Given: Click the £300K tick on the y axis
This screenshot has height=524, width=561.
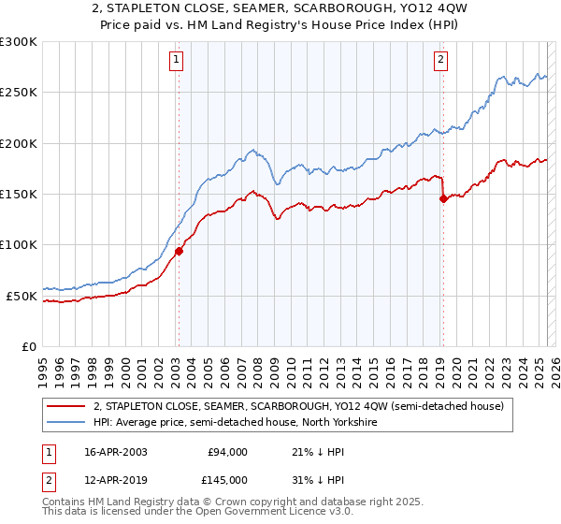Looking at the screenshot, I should click(x=18, y=42).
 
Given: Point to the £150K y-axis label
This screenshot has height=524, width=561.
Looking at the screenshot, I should click(x=18, y=195).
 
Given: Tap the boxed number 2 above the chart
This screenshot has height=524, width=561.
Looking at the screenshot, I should click(x=441, y=61).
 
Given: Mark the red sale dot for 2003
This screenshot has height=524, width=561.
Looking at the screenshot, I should click(x=179, y=250).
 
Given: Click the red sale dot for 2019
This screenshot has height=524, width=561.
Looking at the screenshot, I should click(x=443, y=198).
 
